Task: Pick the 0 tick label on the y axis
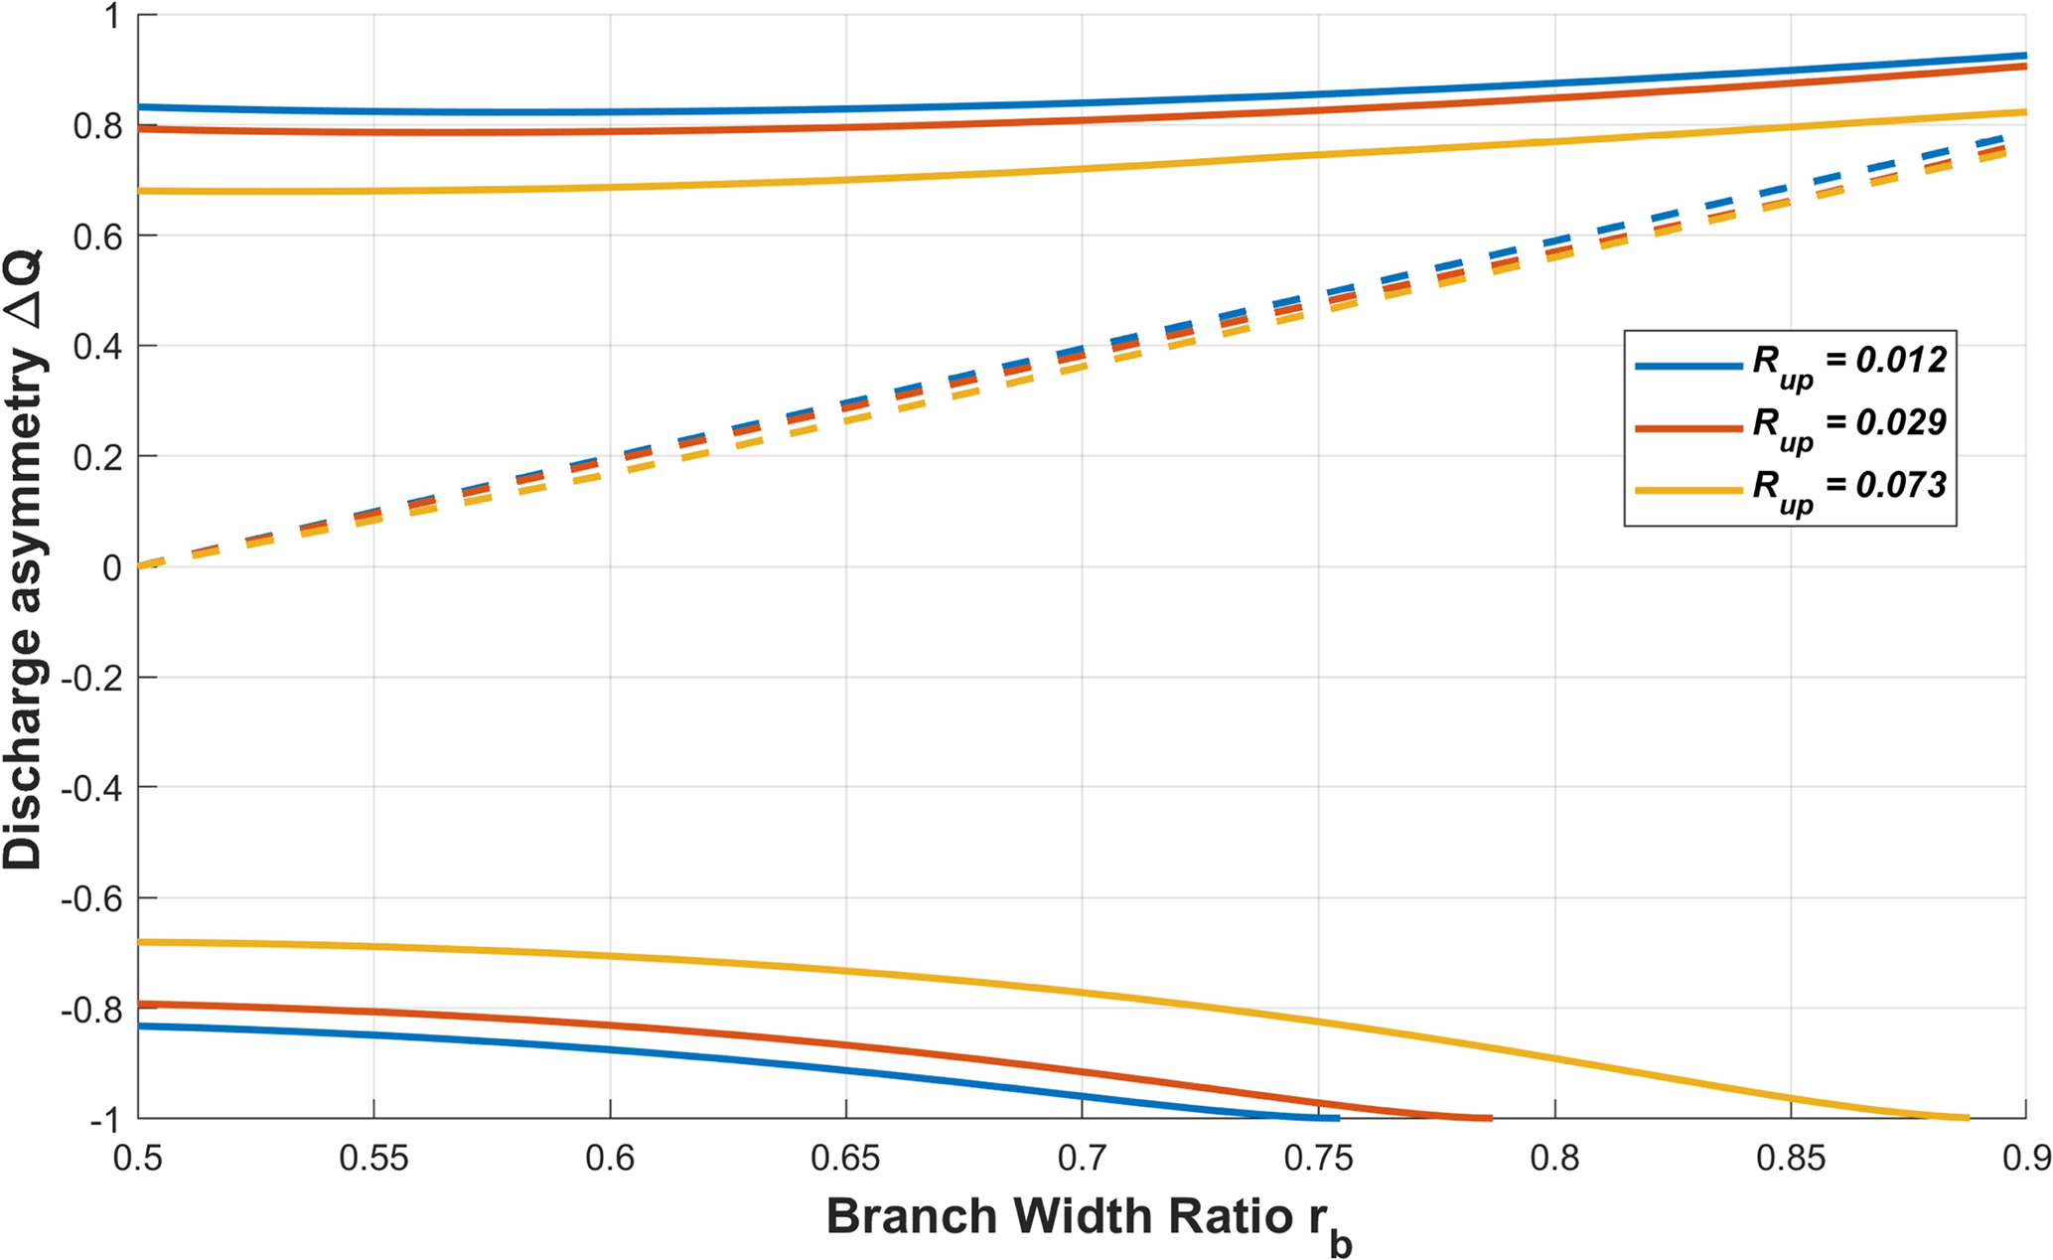coord(110,567)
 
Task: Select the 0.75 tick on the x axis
coord(1317,1158)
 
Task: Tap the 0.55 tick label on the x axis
coord(373,1158)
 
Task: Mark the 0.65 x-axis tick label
coord(845,1158)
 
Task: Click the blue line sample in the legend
coord(1688,366)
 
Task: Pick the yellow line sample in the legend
coord(1688,490)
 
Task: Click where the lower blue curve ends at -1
coord(1339,1118)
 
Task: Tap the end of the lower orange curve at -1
coord(1490,1118)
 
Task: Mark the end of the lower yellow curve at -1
coord(1968,1118)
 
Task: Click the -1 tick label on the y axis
coord(103,1120)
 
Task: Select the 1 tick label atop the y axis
coord(110,17)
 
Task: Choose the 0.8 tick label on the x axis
coord(1553,1158)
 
